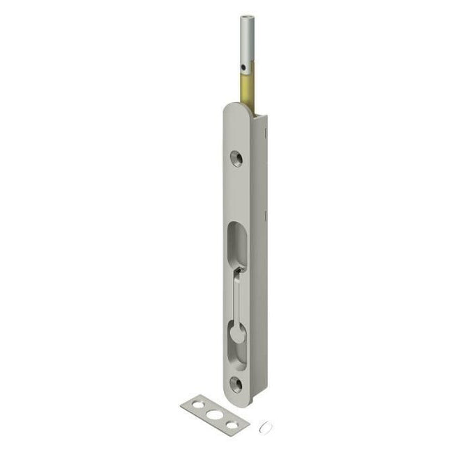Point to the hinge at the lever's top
pyautogui.click(x=240, y=268)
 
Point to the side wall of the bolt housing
pyautogui.click(x=261, y=243)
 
